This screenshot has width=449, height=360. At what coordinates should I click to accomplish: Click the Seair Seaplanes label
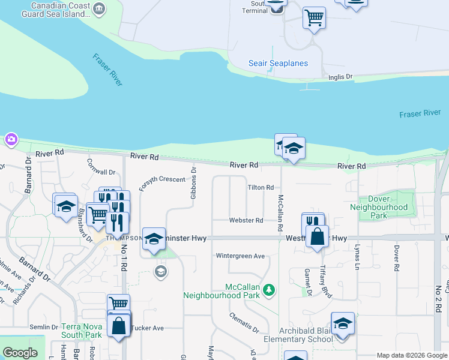point(278,64)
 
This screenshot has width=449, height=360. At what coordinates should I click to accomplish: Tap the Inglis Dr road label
point(340,77)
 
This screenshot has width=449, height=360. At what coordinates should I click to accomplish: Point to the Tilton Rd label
point(261,188)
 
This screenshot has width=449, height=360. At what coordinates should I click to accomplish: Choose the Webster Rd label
point(246,221)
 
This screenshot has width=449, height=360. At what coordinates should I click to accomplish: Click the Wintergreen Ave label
point(240,256)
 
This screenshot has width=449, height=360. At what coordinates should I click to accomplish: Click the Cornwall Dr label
point(100,166)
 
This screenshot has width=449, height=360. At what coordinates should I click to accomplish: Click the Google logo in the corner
point(20,353)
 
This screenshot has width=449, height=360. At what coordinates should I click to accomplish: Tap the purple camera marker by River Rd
point(11,140)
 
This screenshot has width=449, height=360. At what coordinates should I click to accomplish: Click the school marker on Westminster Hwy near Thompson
point(154,239)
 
